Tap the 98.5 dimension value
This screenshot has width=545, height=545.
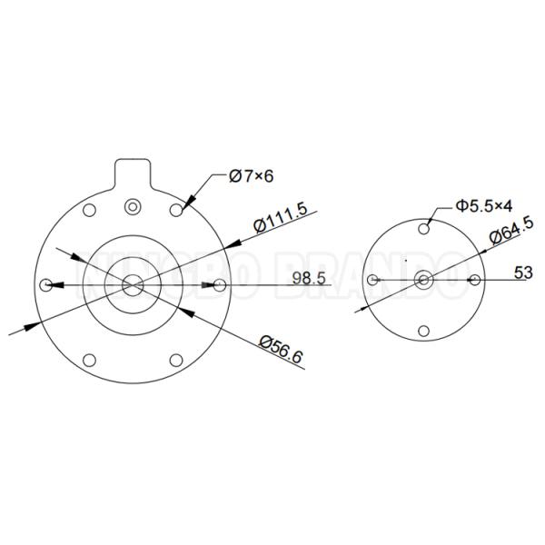coord(309,278)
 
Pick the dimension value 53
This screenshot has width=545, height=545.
coord(523,272)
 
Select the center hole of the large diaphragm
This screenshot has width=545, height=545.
coord(134,284)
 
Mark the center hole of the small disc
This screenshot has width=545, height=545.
coord(424,278)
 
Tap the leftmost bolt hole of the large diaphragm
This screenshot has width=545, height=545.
coord(47,285)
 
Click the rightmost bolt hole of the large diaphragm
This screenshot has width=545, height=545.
coord(220,285)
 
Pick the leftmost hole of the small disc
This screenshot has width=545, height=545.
coord(372,279)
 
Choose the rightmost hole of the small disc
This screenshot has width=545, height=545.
coord(473,278)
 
